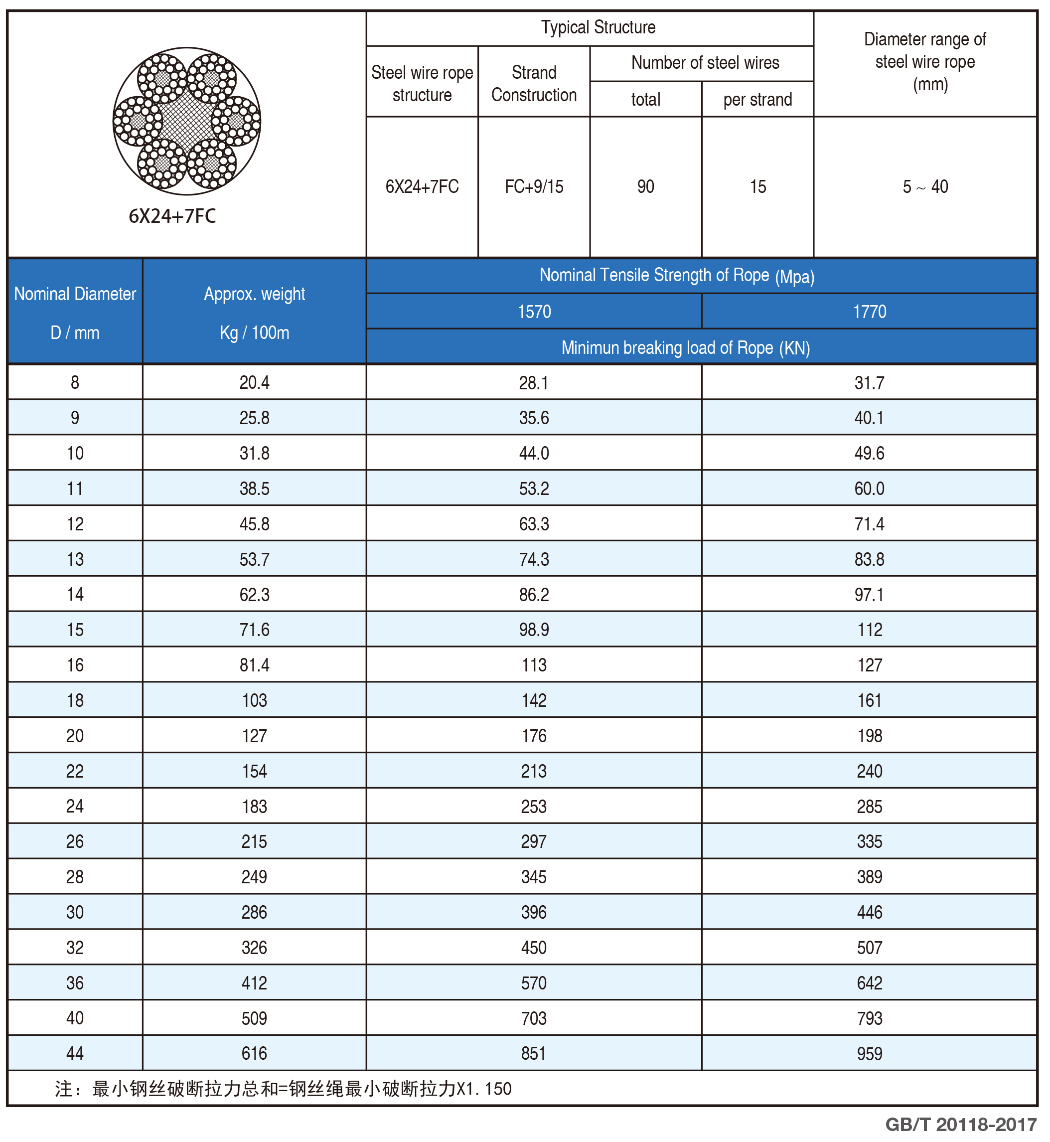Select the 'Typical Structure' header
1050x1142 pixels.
(x=598, y=27)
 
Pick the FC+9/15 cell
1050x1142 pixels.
(x=534, y=186)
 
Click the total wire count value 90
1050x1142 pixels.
(x=645, y=186)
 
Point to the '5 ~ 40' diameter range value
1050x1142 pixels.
(x=925, y=186)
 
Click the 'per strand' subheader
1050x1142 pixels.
(x=757, y=100)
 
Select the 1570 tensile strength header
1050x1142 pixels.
(x=534, y=312)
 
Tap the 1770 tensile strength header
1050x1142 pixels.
(x=869, y=312)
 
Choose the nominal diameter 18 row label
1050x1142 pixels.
(x=75, y=700)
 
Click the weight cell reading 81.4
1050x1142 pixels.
(x=254, y=665)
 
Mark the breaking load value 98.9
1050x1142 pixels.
(x=534, y=630)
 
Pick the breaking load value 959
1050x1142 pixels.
(x=869, y=1053)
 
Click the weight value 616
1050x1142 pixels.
(x=254, y=1053)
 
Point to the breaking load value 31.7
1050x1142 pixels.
(x=869, y=382)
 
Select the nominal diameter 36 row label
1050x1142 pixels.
(x=75, y=983)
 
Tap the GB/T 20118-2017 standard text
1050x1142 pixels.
(x=961, y=1125)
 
